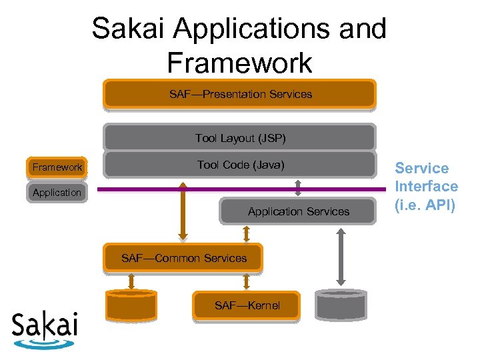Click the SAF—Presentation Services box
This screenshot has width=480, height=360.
(240, 94)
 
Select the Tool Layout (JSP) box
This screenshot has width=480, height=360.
(240, 138)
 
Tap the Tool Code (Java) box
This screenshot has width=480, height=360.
(240, 165)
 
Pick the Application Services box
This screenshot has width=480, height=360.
(298, 211)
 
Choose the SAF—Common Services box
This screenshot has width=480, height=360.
(183, 258)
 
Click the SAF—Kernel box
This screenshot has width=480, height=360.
(247, 305)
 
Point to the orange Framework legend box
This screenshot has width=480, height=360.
(57, 167)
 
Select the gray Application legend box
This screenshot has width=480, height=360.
(57, 193)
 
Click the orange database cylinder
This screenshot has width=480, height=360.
(132, 305)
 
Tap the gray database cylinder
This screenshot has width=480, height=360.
(341, 305)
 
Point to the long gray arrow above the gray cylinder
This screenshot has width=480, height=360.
(341, 257)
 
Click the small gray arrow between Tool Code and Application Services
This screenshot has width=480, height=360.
(298, 187)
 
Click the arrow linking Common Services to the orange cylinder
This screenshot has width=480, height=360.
(132, 282)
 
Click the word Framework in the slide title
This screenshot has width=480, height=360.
(239, 63)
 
